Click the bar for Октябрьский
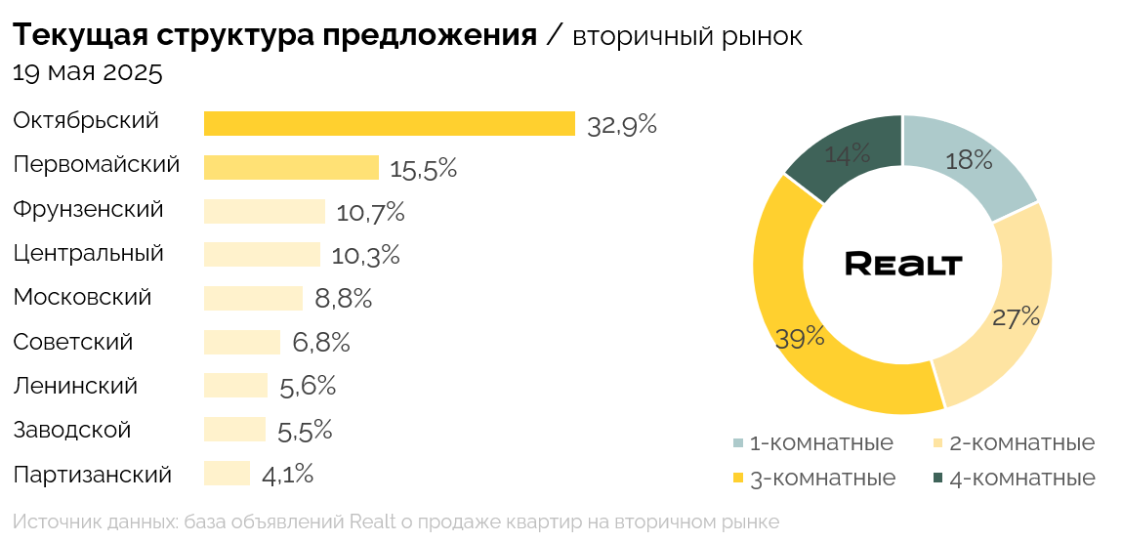(x=389, y=123)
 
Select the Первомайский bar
(x=291, y=167)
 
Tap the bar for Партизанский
(x=227, y=474)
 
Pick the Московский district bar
(x=253, y=298)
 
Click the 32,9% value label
(x=621, y=125)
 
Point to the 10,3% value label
(x=365, y=256)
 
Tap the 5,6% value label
(x=308, y=387)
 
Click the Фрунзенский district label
(x=88, y=210)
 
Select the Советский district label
(x=73, y=343)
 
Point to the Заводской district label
(x=72, y=431)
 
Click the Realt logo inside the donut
(x=903, y=264)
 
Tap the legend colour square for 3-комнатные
(x=738, y=479)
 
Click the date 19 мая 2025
(x=88, y=72)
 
